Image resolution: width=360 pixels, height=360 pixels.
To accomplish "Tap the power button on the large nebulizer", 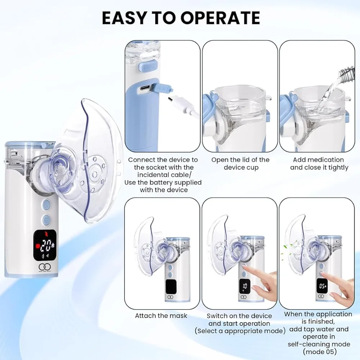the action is (46, 204).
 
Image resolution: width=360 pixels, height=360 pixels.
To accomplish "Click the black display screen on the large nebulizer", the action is (45, 245).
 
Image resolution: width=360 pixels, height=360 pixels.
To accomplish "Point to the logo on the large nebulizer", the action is (44, 267).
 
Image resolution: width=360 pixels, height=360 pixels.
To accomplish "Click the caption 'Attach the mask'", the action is (161, 316).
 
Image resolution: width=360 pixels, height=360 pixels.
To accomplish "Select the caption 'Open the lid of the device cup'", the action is (240, 163).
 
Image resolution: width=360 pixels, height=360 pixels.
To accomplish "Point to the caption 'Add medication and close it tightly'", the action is (319, 163).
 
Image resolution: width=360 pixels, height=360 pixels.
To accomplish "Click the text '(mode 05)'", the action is (320, 351).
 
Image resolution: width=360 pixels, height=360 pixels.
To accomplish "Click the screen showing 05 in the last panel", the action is (322, 286).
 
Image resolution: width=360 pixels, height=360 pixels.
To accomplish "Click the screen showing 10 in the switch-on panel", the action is (245, 286).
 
